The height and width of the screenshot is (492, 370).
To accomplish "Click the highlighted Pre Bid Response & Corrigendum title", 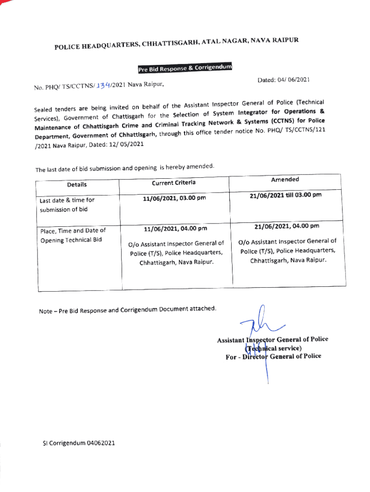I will tap(185, 69).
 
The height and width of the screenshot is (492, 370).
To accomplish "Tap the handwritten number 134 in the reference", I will tap(103, 86).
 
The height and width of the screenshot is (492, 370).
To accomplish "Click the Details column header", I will tap(77, 184).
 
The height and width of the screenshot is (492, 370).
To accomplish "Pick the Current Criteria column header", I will tap(173, 183).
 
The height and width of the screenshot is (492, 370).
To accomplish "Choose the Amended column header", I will tap(284, 179).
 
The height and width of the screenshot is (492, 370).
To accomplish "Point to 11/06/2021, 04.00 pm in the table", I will tap(175, 228).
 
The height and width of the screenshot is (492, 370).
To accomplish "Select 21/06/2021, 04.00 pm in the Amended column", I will tap(287, 226).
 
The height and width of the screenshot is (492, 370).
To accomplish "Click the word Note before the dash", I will tap(46, 312).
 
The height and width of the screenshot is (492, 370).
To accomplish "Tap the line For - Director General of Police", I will tap(273, 356).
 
